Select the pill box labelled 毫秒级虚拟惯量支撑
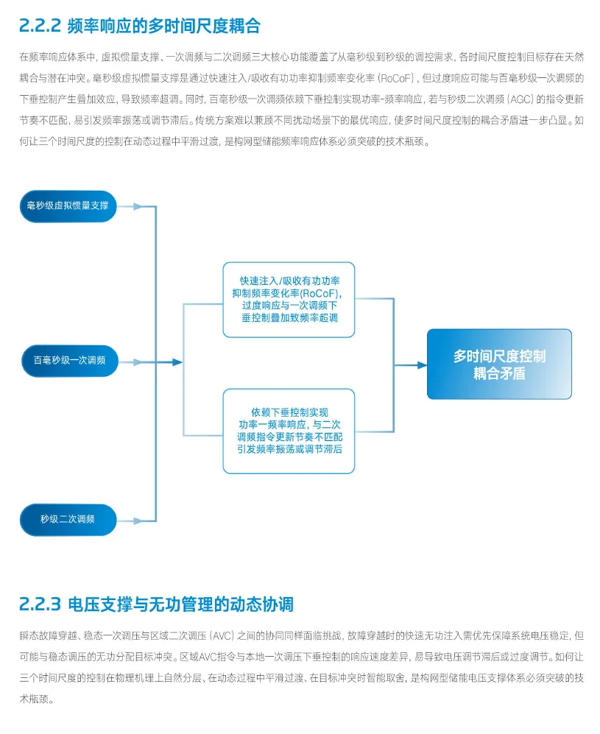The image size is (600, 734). (x=68, y=205)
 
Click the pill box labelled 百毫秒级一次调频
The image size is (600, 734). (x=69, y=361)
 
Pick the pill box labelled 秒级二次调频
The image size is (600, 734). (x=68, y=519)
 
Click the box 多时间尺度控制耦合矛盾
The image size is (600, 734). (x=499, y=364)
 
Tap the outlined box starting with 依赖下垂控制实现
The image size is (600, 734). (x=289, y=431)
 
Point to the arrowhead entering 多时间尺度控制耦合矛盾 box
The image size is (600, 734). (x=422, y=364)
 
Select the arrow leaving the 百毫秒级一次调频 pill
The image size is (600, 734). (x=133, y=362)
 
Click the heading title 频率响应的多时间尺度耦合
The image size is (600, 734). (x=163, y=27)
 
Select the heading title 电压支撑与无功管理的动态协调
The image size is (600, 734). (x=180, y=604)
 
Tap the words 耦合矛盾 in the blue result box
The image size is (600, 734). (x=499, y=374)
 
